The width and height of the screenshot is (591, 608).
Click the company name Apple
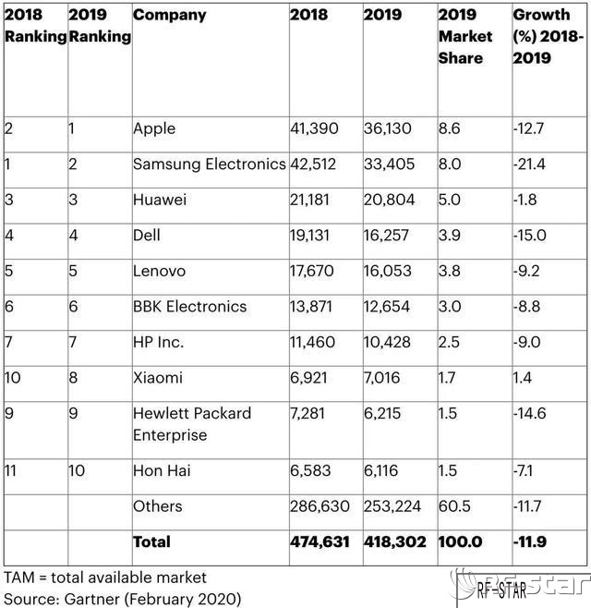click(x=154, y=128)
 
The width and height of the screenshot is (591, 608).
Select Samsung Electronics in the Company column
click(x=209, y=164)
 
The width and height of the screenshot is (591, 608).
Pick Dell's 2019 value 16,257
click(x=390, y=236)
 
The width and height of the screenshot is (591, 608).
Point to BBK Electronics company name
click(x=189, y=307)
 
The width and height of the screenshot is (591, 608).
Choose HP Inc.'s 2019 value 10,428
click(x=391, y=343)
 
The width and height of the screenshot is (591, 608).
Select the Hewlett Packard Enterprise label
click(x=191, y=423)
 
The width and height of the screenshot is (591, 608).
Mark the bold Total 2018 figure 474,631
click(x=320, y=541)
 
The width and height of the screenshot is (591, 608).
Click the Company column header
click(x=169, y=16)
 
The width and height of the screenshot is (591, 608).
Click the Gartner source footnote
click(x=123, y=599)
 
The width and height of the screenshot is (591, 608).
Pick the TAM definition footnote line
click(x=105, y=578)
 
